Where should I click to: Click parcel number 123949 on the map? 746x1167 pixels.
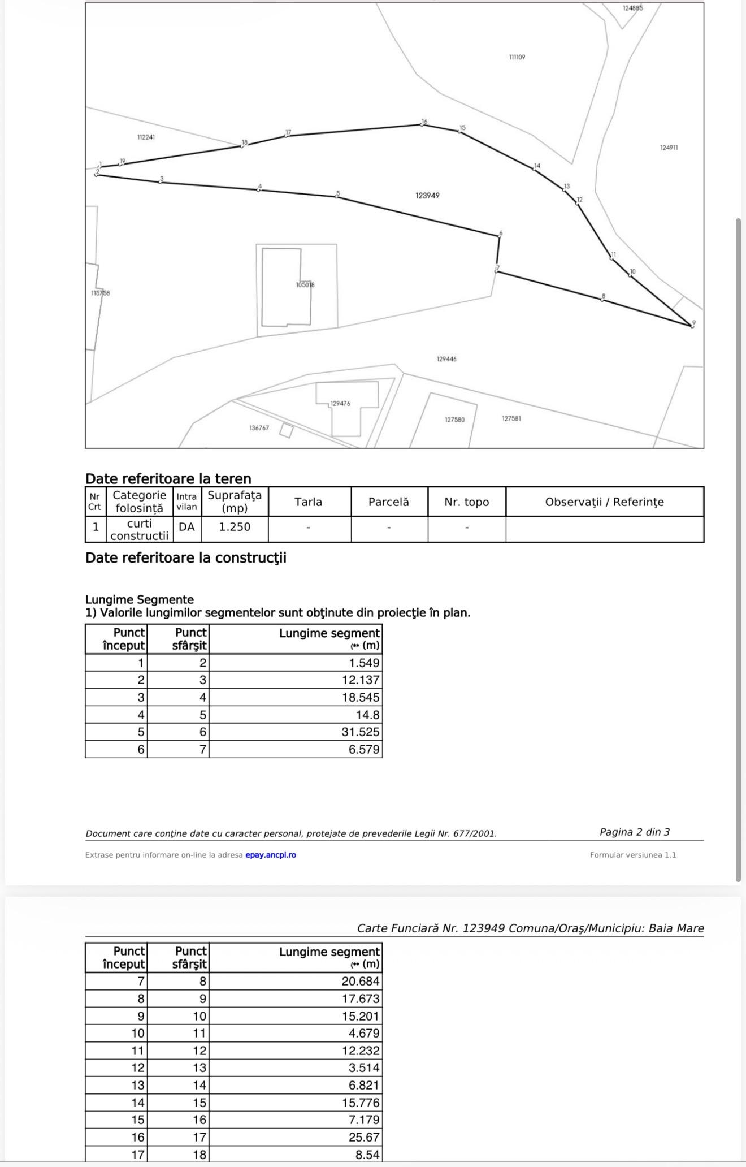point(427,196)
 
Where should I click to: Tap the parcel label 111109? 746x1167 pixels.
point(517,57)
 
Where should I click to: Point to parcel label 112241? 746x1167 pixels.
point(146,137)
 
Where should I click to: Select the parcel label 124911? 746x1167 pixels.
point(669,148)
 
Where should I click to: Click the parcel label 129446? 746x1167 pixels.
point(446,359)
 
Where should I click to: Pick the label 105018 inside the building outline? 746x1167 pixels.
point(305,285)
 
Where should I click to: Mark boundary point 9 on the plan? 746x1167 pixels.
point(692,326)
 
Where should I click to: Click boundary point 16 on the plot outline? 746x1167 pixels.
point(423,124)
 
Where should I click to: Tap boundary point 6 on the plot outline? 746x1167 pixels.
point(499,236)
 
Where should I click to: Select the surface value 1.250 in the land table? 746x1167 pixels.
point(235,527)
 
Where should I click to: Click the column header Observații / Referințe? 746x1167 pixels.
point(604,502)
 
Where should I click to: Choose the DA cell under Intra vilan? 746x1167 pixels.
point(186,527)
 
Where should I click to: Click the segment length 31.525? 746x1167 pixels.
point(361,732)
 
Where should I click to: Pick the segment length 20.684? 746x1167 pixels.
point(361,981)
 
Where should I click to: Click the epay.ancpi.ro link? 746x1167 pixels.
point(271,855)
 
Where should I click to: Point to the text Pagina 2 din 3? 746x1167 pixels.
point(634,832)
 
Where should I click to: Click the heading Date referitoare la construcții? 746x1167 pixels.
point(186,558)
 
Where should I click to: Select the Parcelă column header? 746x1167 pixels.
point(388,502)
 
